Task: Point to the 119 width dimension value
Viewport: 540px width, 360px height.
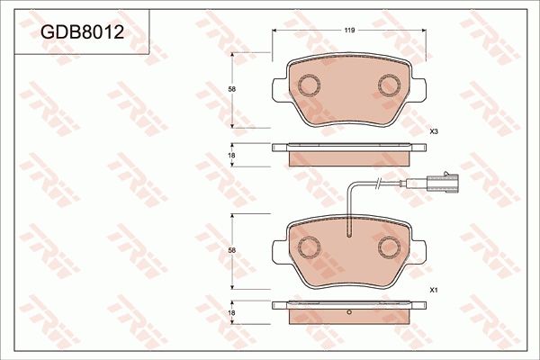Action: click(349, 31)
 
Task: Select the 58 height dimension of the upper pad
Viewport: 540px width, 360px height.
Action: click(232, 90)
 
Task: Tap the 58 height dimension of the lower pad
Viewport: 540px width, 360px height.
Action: click(232, 249)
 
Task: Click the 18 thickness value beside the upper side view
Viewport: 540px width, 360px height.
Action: click(232, 156)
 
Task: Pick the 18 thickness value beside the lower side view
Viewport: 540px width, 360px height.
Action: click(232, 312)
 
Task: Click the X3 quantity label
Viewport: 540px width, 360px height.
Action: click(433, 131)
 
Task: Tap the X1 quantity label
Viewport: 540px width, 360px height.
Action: click(433, 290)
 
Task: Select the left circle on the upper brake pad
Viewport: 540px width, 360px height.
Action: click(309, 86)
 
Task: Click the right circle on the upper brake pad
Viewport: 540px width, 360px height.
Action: click(390, 86)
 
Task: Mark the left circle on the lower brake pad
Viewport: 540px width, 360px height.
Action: click(309, 247)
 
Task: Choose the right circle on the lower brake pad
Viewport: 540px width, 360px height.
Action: click(390, 247)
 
